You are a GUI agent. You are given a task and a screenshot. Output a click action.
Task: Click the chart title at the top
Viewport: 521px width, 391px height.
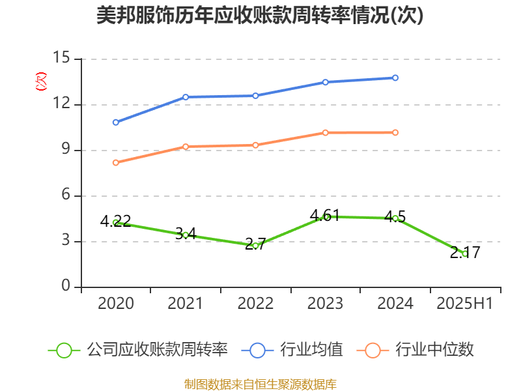(260, 16)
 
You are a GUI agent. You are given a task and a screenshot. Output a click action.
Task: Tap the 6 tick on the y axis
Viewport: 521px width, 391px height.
(66, 195)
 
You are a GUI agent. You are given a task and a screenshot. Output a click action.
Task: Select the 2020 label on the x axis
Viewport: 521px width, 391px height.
(116, 303)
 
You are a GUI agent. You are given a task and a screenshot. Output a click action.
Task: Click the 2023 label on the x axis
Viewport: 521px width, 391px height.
(325, 303)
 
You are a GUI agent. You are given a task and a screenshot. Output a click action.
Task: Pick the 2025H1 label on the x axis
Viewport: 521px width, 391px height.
(464, 303)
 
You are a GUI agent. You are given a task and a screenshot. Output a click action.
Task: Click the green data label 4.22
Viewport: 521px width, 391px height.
(116, 221)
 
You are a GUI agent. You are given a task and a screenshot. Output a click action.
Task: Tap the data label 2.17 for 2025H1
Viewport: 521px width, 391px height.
(465, 252)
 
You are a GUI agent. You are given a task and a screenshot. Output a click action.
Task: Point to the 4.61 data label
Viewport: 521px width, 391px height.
(325, 215)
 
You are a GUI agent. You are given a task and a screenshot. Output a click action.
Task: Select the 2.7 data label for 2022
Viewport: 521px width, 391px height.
(255, 244)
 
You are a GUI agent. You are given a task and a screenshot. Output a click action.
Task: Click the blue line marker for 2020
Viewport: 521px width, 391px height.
(116, 122)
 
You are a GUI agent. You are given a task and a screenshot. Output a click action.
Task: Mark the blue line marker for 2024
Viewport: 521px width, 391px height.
(395, 78)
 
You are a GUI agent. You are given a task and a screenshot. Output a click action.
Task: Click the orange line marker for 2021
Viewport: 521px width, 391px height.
(186, 147)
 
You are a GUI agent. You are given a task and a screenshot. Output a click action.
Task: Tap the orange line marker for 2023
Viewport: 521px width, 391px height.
(325, 132)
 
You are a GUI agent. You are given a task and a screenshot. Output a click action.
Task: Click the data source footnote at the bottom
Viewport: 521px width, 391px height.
(260, 384)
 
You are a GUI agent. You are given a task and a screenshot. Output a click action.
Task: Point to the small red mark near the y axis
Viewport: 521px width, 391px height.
(41, 81)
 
